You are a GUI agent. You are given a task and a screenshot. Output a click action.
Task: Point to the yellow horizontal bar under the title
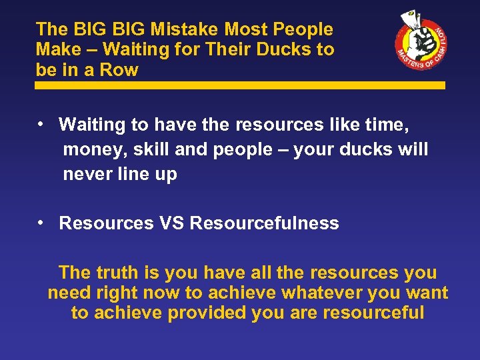coord(240,85)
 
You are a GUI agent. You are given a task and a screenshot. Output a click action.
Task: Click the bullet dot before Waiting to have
coord(41,123)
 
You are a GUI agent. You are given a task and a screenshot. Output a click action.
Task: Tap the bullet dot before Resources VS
coord(41,222)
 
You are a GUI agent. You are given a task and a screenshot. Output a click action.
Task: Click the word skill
coord(151,149)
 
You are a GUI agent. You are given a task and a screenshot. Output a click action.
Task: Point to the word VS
coord(172,223)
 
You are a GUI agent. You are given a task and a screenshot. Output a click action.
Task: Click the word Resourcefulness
coord(265,223)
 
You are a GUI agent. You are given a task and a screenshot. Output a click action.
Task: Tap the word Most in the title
coord(251,29)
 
